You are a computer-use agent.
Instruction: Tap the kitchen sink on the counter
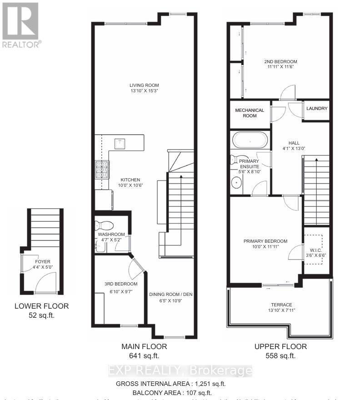pos(120,143)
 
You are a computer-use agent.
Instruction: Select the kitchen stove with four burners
pos(102,170)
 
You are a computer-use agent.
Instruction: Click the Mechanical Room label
pos(249,113)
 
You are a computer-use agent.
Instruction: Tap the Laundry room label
pos(316,109)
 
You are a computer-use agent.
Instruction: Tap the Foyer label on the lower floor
pos(42,261)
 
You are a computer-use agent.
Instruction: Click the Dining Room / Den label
pos(171,294)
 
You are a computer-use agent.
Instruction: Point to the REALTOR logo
pos(21,25)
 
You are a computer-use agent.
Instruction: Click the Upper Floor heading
pos(280,346)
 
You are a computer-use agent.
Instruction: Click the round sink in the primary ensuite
pos(237,183)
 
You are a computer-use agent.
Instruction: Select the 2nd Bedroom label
pos(280,62)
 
